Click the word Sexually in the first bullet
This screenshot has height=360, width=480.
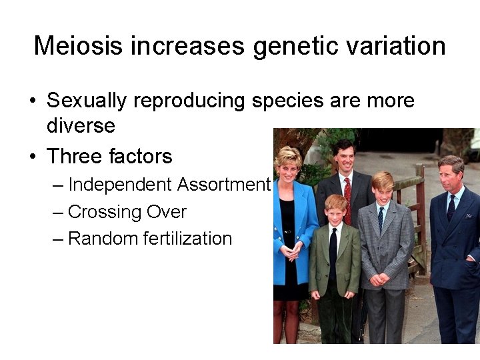(87, 101)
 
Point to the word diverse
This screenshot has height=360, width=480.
(81, 125)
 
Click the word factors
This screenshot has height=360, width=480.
(141, 157)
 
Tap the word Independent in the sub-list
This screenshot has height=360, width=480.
(120, 184)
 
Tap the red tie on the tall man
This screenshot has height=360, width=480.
(347, 200)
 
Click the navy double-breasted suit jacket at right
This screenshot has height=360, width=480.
(457, 247)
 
